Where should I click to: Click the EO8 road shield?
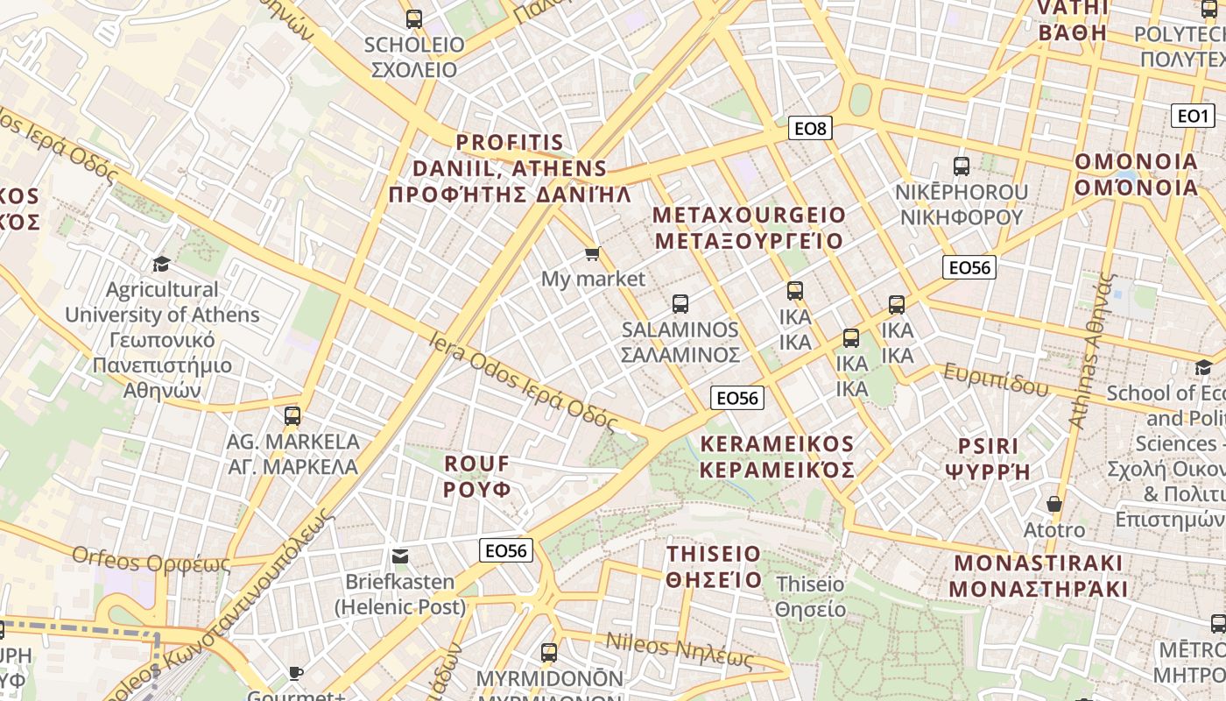809,129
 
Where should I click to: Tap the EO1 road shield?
1192,116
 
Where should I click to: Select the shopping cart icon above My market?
593,254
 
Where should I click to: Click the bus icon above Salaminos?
680,304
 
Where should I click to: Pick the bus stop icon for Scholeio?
414,18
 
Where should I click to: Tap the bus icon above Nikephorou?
961,166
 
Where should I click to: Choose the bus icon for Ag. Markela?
292,415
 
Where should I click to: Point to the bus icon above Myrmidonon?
549,652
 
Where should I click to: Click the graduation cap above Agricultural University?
161,264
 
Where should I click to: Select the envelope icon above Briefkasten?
400,556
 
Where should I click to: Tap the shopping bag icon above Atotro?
1054,504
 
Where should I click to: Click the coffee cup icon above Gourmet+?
296,673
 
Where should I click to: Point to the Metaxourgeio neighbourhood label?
749,228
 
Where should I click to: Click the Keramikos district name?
777,457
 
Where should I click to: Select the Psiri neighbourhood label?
988,458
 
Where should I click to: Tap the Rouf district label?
477,476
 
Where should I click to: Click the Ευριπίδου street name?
996,379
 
